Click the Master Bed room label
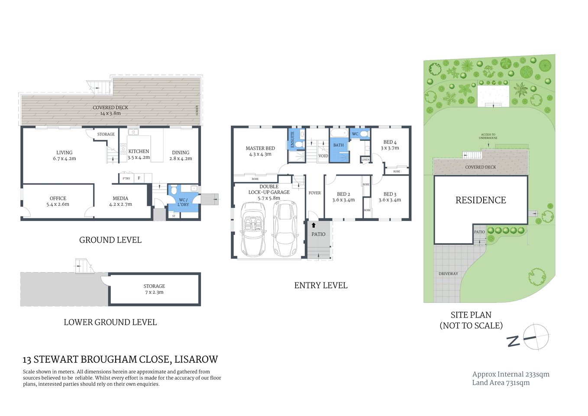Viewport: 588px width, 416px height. tap(260, 148)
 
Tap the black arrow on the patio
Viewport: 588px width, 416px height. tap(313, 225)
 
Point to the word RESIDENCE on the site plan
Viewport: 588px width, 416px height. tap(481, 200)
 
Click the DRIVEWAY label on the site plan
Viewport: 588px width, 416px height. tap(448, 274)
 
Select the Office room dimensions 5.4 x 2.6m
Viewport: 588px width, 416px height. tap(58, 205)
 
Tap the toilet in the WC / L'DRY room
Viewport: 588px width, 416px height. tap(174, 190)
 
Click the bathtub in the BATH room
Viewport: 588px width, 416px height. tap(339, 133)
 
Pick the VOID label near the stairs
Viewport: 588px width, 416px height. tap(323, 156)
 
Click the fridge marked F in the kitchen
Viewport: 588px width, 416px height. tap(139, 178)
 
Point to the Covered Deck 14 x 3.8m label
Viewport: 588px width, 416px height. tap(110, 110)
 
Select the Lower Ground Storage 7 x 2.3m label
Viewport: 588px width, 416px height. tap(154, 289)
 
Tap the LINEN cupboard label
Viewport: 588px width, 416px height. tap(365, 160)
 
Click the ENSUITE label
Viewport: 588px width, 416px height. tap(292, 140)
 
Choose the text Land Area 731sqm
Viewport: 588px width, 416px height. tap(501, 383)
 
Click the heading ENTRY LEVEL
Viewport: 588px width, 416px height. tap(320, 286)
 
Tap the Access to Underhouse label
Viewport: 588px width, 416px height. tap(488, 136)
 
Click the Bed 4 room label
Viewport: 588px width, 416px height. tap(390, 145)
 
